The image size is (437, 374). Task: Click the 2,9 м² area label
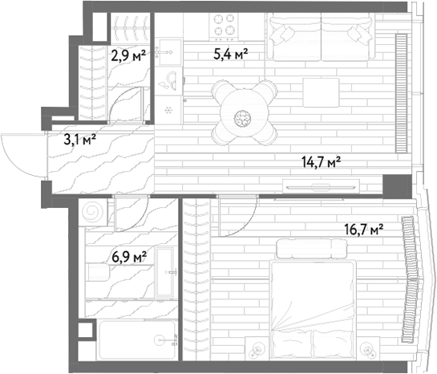click(128, 56)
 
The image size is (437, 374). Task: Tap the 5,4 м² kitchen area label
click(231, 54)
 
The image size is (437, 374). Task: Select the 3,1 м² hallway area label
click(80, 139)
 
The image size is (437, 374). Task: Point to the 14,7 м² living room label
click(322, 162)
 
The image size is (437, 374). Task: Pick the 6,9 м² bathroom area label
click(129, 256)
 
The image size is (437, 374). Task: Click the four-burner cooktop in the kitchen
click(224, 26)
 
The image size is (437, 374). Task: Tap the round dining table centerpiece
click(243, 118)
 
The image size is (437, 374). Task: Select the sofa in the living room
click(321, 37)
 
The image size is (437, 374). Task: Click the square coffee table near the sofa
click(321, 92)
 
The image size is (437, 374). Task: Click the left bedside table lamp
click(257, 348)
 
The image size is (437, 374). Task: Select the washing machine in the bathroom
click(92, 212)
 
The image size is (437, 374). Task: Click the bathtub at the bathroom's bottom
click(137, 339)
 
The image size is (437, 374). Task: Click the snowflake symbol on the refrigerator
click(168, 110)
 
